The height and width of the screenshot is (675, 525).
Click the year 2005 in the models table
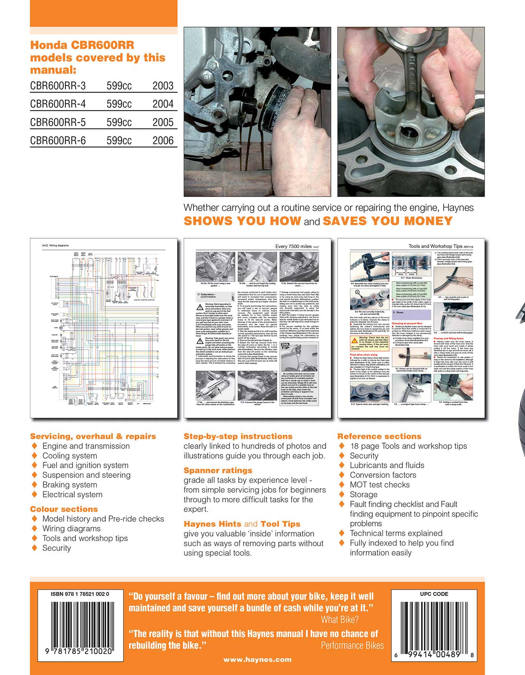click(x=163, y=122)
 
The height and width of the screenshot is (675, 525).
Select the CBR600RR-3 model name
click(x=58, y=86)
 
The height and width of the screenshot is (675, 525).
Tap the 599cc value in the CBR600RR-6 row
click(x=119, y=140)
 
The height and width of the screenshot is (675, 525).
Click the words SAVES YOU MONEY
click(x=387, y=221)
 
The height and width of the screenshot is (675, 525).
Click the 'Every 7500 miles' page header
click(x=294, y=246)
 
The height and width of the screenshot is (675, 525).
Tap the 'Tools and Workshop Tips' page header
click(x=435, y=246)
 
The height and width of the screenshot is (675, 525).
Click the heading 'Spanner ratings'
click(x=218, y=471)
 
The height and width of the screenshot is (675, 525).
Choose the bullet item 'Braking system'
click(x=70, y=485)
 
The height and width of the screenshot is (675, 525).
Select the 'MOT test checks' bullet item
click(x=380, y=485)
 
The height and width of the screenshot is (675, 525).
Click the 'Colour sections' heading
click(x=64, y=509)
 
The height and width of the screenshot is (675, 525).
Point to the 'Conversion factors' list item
click(x=383, y=475)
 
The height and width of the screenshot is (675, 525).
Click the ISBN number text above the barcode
click(x=80, y=594)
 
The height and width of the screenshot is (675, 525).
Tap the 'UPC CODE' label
click(x=434, y=594)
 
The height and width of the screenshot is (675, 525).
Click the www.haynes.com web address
click(x=257, y=660)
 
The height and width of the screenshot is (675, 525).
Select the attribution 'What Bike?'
click(x=340, y=620)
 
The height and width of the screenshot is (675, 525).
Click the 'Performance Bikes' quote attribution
click(x=352, y=646)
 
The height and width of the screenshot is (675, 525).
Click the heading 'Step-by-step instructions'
click(x=238, y=436)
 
